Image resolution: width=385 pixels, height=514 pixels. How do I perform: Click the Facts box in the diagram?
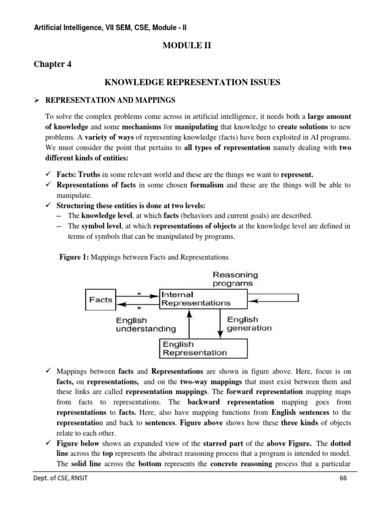coord(101,300)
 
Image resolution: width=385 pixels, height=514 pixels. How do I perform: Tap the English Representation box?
coord(203,348)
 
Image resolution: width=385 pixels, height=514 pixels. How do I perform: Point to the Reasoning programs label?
coord(235,279)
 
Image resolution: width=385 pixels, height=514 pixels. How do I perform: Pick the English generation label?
coord(249,324)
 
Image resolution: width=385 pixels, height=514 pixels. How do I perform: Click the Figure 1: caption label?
coord(74,257)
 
